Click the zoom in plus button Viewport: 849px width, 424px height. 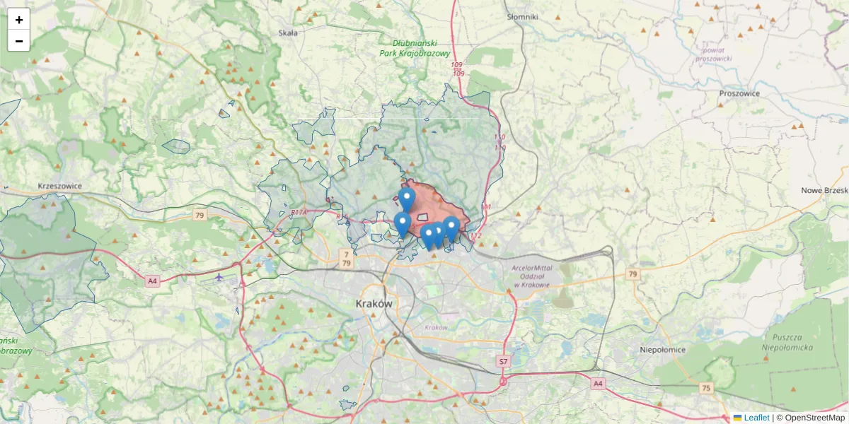click(19, 20)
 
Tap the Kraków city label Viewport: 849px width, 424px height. click(374, 302)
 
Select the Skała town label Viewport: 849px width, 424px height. click(287, 33)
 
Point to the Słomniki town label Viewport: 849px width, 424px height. click(523, 16)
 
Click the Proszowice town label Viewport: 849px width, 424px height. click(739, 93)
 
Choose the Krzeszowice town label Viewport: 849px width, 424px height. click(60, 187)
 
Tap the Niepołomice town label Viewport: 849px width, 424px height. click(663, 350)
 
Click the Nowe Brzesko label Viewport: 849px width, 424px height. click(824, 191)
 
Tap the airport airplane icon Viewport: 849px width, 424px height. click(219, 276)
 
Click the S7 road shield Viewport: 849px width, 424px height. click(503, 361)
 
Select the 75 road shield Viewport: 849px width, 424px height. click(705, 388)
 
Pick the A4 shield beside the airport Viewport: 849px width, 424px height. click(152, 281)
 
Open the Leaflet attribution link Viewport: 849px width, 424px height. click(756, 418)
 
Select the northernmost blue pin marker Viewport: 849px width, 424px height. click(406, 198)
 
